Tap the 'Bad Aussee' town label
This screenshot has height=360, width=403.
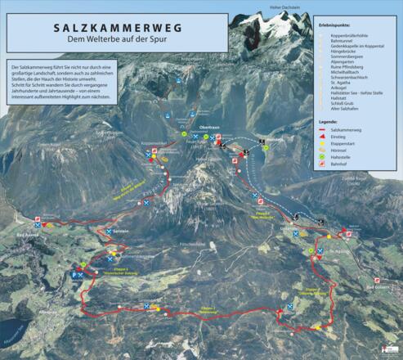click(27, 234)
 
